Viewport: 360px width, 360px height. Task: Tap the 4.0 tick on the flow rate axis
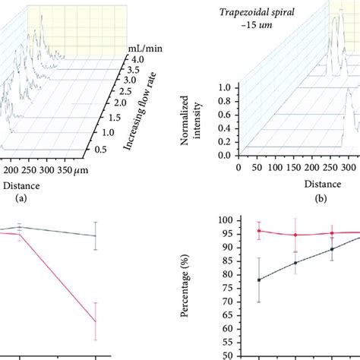[135, 58]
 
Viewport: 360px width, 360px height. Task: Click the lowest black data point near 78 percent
[260, 279]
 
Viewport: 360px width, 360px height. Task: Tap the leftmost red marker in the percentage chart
[260, 230]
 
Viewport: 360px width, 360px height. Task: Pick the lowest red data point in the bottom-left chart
[95, 321]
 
